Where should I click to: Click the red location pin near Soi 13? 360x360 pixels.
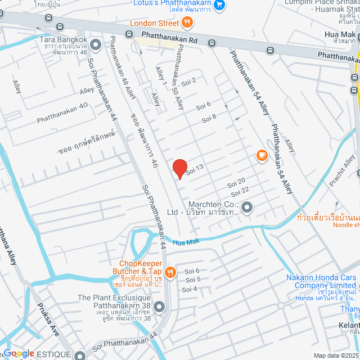(x=179, y=168)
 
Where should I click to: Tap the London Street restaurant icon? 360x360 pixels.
(x=187, y=23)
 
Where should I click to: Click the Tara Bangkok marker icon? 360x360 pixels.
(x=96, y=43)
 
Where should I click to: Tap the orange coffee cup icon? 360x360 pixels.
(x=261, y=155)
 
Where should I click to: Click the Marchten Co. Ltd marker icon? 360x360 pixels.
(x=249, y=209)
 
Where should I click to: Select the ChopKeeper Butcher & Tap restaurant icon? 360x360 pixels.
(x=170, y=272)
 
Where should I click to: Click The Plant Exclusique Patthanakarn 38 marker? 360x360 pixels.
(x=159, y=307)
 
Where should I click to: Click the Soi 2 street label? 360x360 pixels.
(x=188, y=80)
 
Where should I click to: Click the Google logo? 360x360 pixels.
(x=19, y=353)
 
